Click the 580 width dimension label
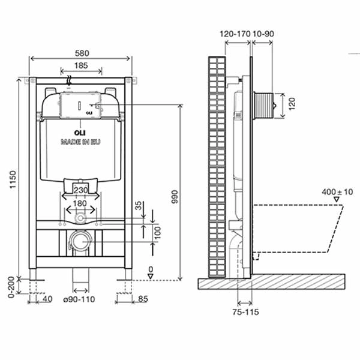click(82, 53)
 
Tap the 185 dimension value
click(81, 65)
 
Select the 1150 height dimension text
click(13, 179)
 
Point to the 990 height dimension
click(175, 197)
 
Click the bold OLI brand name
click(80, 133)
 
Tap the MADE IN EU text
click(80, 142)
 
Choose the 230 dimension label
click(80, 190)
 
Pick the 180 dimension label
click(80, 203)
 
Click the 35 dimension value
click(139, 206)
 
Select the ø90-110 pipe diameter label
click(79, 299)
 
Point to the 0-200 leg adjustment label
click(11, 287)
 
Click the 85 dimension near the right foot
click(143, 299)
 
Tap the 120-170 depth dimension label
click(235, 34)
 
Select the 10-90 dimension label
click(263, 34)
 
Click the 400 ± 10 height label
click(337, 192)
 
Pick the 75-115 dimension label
click(245, 312)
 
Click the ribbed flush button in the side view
click(263, 106)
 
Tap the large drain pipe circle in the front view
click(79, 242)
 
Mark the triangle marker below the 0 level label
click(151, 277)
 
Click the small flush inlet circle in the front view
click(80, 218)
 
